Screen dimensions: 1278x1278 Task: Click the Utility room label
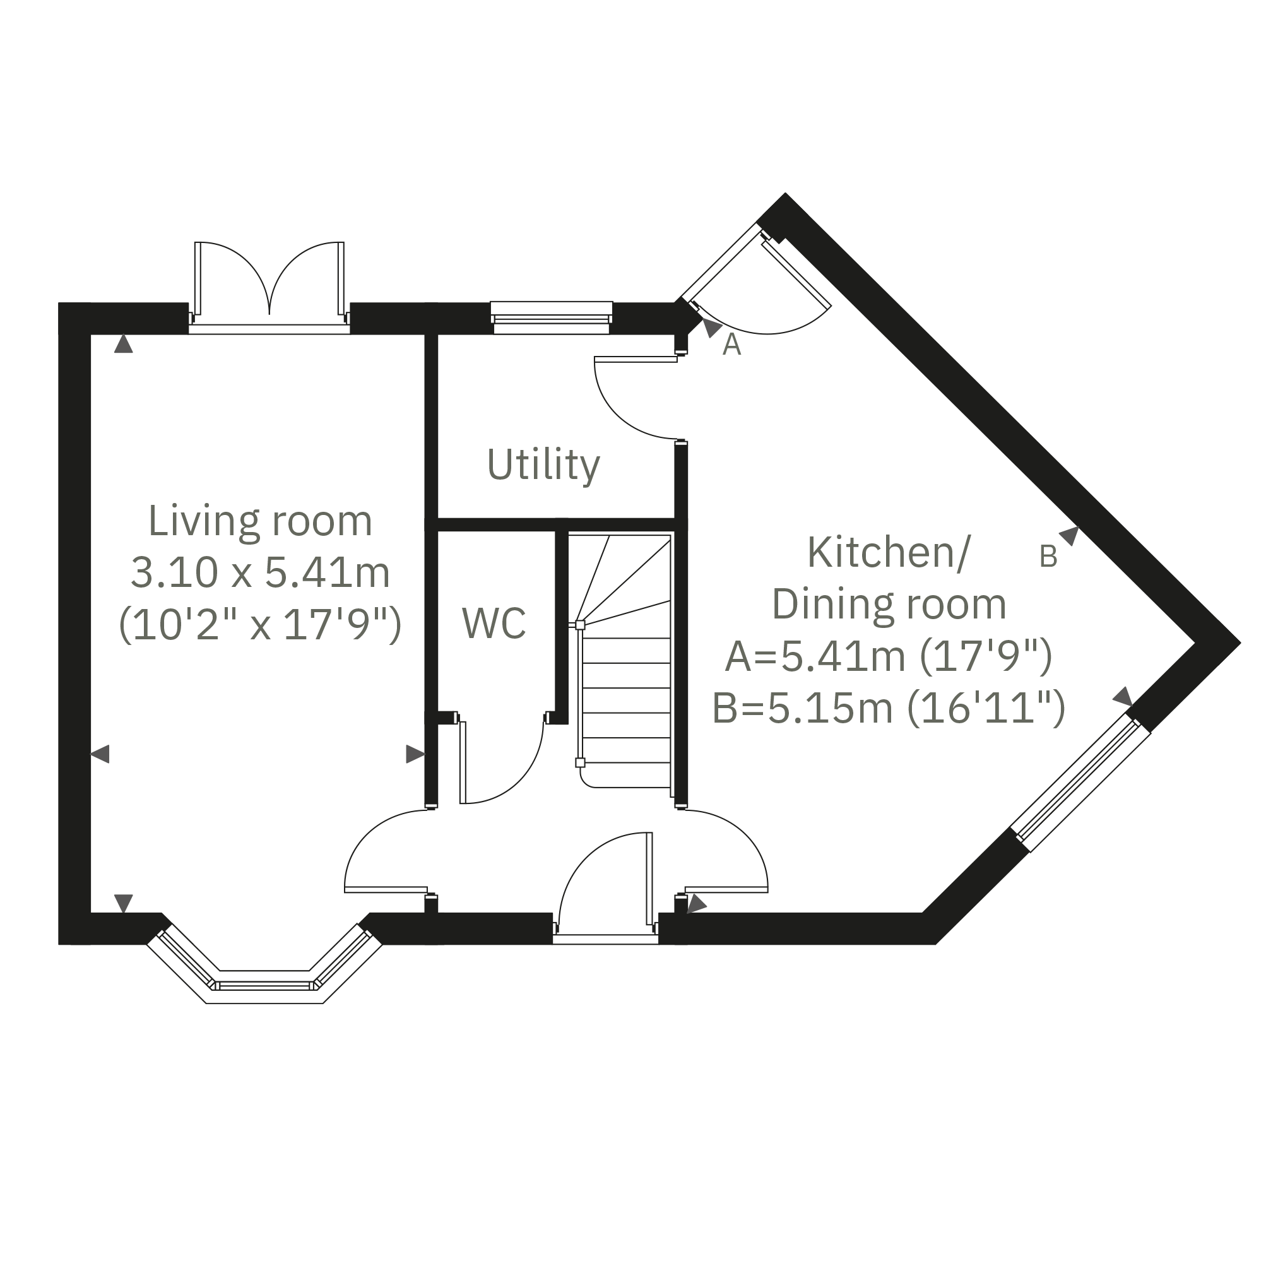543,466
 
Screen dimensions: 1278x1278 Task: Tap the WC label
494,622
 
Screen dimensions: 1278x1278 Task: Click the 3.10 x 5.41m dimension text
260,572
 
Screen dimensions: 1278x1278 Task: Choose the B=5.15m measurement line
889,708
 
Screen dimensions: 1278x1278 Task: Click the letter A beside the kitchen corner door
731,345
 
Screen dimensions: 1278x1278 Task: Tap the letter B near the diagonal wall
1048,557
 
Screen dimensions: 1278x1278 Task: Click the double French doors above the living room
269,286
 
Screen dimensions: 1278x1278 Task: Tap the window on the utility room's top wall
552,317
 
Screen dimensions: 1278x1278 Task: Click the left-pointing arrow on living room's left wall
99,754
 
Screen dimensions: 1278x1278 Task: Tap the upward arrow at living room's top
124,343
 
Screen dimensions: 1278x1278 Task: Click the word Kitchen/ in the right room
889,553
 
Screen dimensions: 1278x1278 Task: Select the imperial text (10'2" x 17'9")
260,624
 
